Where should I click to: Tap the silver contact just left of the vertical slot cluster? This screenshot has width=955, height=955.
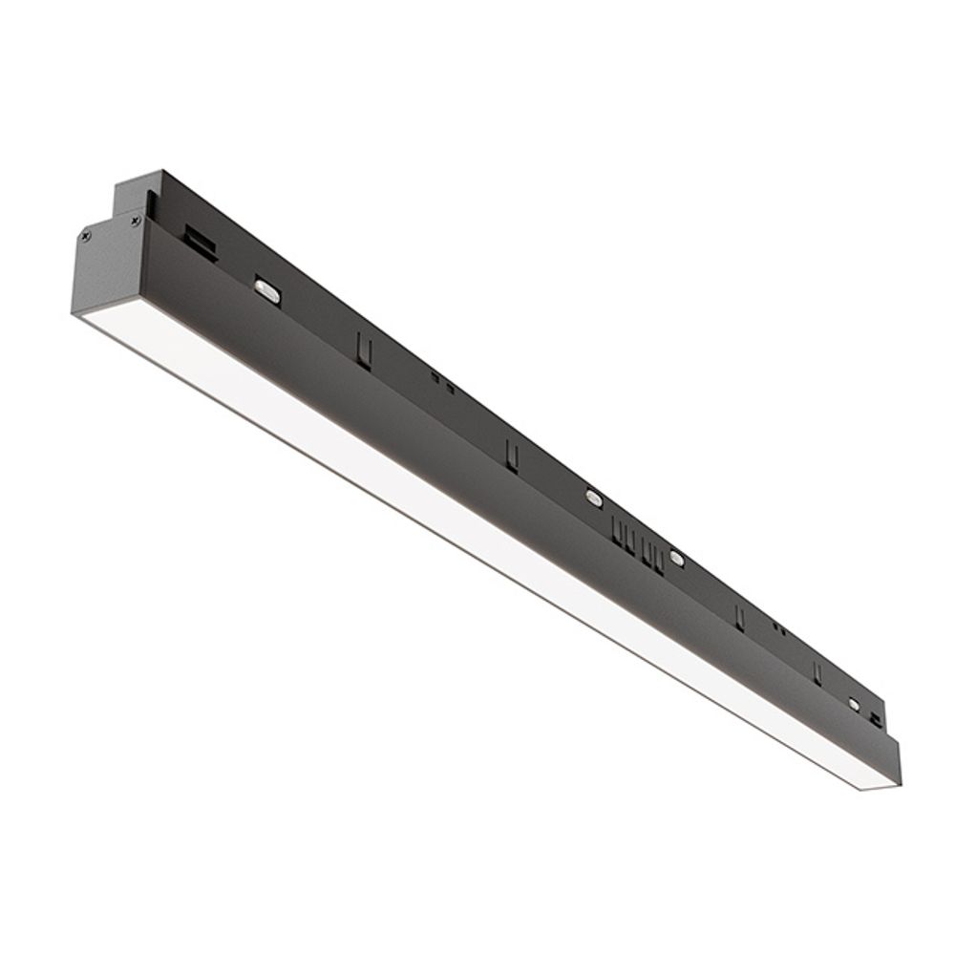593,497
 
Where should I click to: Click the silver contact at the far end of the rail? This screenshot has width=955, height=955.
854,704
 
